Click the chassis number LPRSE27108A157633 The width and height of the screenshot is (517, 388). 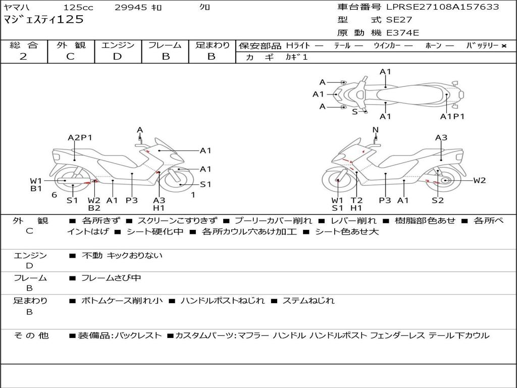click(x=442, y=7)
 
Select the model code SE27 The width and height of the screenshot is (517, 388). click(x=399, y=20)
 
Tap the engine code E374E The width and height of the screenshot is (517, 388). click(x=402, y=33)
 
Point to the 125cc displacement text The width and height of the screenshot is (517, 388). click(x=78, y=8)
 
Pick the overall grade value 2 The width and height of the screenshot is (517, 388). click(x=23, y=57)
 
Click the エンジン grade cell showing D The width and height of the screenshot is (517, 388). click(x=118, y=57)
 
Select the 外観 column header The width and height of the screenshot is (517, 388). click(x=71, y=45)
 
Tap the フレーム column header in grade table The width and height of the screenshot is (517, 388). click(x=165, y=45)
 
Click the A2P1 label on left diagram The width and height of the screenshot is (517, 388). click(x=80, y=137)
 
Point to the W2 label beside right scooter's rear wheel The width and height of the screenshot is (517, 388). click(x=479, y=180)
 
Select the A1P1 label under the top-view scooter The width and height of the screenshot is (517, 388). click(x=452, y=117)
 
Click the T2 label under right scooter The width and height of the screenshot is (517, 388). click(x=356, y=200)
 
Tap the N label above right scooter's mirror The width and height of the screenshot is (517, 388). click(x=375, y=130)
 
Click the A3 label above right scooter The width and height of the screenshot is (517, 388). click(x=441, y=137)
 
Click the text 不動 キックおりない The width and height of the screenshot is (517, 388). click(x=122, y=256)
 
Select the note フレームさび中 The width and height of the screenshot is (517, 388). click(x=111, y=278)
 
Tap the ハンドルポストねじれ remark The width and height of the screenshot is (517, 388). click(x=222, y=301)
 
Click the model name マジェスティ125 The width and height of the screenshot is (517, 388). click(x=43, y=20)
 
